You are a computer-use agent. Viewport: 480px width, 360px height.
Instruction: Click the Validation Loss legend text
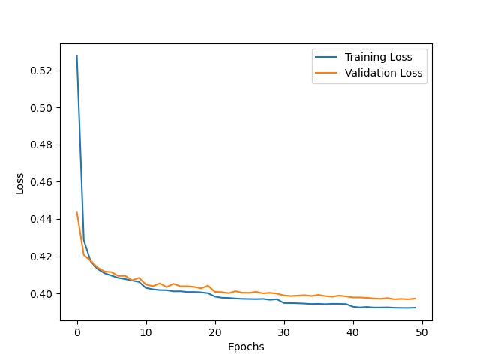coord(384,73)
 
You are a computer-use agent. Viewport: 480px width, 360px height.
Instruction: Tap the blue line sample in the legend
coord(327,56)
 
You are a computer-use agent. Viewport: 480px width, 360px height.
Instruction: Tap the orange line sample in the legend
coord(327,73)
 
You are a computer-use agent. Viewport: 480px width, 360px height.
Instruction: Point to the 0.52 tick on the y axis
coord(42,70)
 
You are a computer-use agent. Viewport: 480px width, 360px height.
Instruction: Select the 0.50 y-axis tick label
coord(42,108)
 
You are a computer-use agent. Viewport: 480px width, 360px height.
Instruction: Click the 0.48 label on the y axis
coord(42,145)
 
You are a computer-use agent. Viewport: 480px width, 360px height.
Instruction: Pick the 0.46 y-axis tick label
coord(42,182)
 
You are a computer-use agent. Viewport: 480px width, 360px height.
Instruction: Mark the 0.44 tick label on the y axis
coord(42,219)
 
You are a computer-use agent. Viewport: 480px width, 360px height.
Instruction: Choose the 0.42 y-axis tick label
coord(42,256)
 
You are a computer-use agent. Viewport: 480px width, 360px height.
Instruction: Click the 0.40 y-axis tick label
coord(42,293)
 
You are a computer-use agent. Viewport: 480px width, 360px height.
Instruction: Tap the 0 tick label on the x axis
coord(77,332)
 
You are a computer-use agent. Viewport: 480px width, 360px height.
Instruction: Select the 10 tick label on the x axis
coord(146,332)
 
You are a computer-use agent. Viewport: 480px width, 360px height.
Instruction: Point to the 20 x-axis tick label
coord(215,332)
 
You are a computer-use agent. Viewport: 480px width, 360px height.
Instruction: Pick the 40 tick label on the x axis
coord(353,332)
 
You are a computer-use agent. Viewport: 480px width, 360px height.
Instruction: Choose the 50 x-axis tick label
coord(422,332)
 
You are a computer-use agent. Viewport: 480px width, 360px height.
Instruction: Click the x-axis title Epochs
coord(246,346)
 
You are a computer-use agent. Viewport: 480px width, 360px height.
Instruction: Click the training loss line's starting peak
coord(77,56)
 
